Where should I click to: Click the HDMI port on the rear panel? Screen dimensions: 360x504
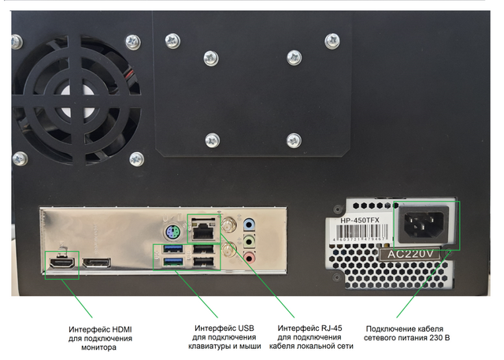[62, 262]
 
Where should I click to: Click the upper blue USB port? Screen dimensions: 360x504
[172, 250]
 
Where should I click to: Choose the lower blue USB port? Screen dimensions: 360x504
[172, 262]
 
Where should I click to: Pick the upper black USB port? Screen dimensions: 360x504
[202, 250]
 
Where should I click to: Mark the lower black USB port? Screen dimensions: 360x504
[202, 262]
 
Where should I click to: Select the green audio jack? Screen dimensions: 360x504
[250, 239]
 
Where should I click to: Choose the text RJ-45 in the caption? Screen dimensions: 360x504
[329, 328]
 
